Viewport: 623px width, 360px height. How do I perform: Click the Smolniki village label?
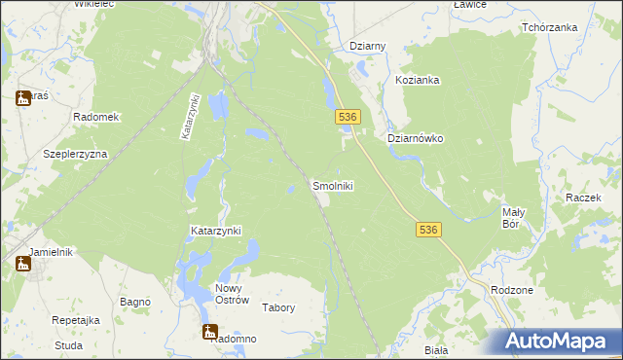pyautogui.click(x=332, y=185)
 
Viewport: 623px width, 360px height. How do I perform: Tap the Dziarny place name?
pyautogui.click(x=368, y=46)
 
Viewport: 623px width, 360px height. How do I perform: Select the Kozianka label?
pyautogui.click(x=419, y=80)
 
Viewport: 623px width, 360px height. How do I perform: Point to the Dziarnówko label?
pyautogui.click(x=416, y=138)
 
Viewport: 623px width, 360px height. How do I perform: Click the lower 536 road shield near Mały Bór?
pyautogui.click(x=429, y=230)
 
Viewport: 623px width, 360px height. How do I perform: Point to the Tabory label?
pyautogui.click(x=278, y=307)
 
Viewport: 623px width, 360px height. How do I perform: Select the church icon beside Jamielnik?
pyautogui.click(x=22, y=264)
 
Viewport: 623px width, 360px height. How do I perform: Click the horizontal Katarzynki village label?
pyautogui.click(x=214, y=231)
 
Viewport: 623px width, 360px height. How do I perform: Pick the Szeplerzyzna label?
pyautogui.click(x=75, y=154)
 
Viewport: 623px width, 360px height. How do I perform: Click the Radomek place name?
pyautogui.click(x=95, y=117)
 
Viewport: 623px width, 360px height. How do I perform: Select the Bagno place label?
pyautogui.click(x=134, y=303)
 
